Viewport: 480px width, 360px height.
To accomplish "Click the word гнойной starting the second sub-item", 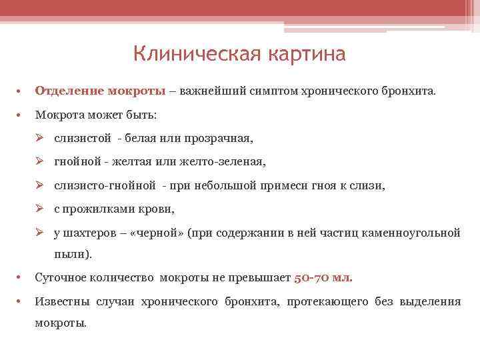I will [x=78, y=162].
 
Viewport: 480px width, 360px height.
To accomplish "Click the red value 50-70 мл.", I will [x=323, y=278].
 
